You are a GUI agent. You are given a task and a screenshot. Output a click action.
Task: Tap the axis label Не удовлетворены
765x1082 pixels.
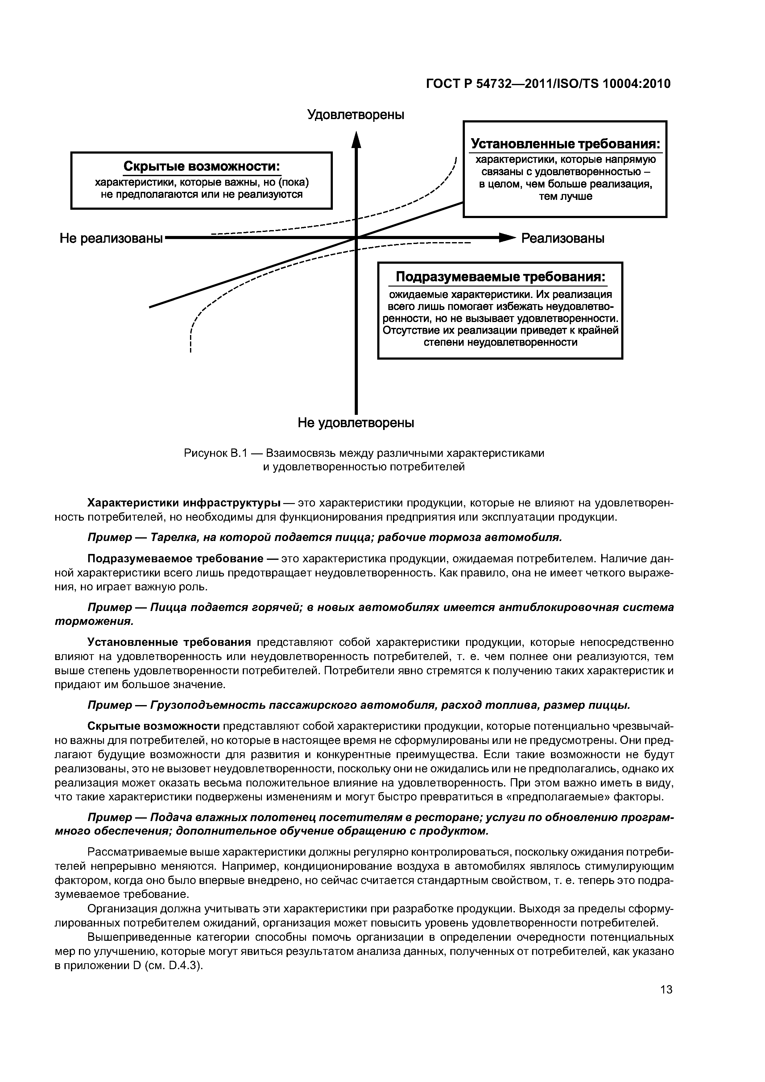coord(356,423)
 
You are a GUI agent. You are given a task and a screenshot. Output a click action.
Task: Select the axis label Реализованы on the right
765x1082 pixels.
coord(562,238)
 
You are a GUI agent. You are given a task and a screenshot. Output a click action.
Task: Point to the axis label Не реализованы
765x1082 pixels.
coord(111,238)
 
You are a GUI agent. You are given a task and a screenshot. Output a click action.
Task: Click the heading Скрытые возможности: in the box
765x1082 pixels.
coord(201,167)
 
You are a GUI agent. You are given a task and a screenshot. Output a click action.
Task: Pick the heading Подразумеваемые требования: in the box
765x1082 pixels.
coord(500,277)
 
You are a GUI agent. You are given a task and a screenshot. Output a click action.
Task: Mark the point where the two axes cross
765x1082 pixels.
coord(356,238)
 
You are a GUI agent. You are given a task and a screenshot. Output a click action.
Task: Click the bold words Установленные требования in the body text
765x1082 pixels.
coord(169,642)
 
